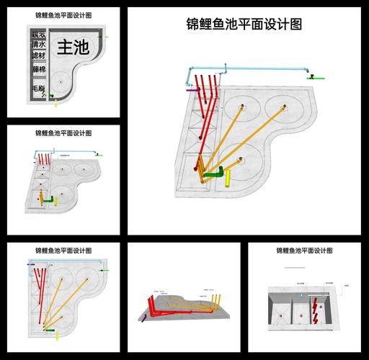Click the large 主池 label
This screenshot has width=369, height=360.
pos(73,48)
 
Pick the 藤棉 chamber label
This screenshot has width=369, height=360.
pos(39,69)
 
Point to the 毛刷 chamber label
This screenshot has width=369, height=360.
pos(38,88)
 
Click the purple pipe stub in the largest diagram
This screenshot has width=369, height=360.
pos(192,90)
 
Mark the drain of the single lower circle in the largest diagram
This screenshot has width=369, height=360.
pos(236,159)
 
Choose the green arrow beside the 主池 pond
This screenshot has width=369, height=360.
pos(107,36)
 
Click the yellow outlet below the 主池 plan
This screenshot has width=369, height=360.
pos(56,104)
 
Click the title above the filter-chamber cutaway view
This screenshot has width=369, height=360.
pos(304,251)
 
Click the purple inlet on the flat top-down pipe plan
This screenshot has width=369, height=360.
pos(30,264)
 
